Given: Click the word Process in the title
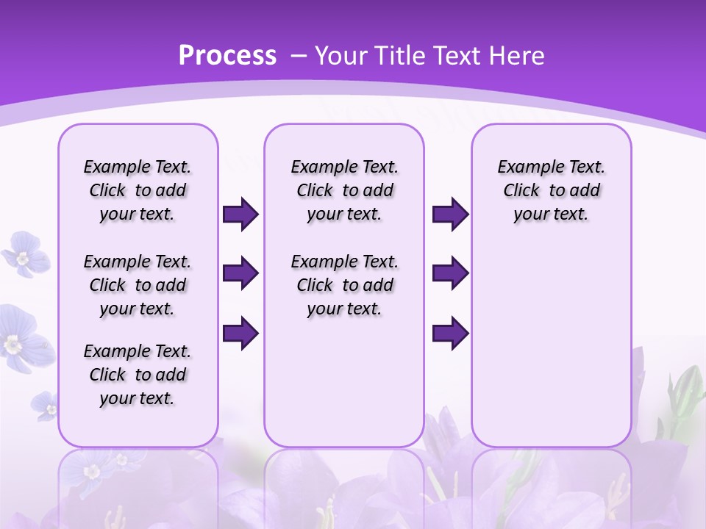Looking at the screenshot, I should click(x=227, y=56).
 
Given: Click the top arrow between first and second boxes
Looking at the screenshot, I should click(x=240, y=215).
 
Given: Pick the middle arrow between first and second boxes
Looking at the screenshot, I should click(x=240, y=273).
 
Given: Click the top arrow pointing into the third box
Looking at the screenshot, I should click(x=450, y=215).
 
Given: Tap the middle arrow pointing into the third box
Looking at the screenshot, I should click(x=450, y=273).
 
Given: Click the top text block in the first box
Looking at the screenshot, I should click(x=138, y=190).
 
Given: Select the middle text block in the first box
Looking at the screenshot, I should click(x=138, y=285).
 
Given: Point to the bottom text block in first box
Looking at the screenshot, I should click(x=138, y=375).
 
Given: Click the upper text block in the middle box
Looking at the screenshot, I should click(x=344, y=190).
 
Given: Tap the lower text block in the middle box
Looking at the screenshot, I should click(x=344, y=285).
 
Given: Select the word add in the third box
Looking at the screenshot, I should click(x=585, y=191).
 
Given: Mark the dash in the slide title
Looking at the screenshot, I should click(x=299, y=56).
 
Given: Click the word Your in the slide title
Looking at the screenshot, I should click(x=341, y=56).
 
